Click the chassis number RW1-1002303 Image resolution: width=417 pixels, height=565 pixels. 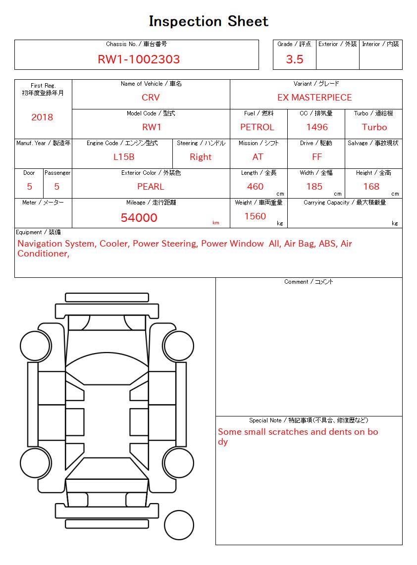point(139,59)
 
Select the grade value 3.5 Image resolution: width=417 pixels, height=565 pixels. point(295,59)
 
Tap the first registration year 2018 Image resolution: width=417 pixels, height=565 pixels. point(42,117)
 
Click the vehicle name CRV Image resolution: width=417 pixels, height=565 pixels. point(151,98)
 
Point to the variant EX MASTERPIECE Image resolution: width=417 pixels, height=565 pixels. point(314,98)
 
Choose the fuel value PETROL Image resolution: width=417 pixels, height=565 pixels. point(257,127)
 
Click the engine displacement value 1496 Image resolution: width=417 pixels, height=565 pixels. point(317,127)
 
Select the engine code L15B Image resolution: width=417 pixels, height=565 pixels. point(124,157)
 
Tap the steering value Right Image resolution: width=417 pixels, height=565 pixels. point(201,157)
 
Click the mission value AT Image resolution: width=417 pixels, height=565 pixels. point(258,157)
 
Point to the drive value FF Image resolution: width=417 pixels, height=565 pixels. point(317,157)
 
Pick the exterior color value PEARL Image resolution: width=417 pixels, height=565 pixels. point(151,187)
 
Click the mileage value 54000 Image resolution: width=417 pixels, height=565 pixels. point(139,218)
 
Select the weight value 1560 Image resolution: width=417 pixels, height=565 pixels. point(255,216)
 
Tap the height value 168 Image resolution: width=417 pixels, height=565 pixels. point(371,187)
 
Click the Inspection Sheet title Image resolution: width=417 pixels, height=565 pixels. point(208,21)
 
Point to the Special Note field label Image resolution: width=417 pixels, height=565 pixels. point(309,420)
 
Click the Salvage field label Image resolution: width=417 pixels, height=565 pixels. point(373,143)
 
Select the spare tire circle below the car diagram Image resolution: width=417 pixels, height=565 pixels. point(179,525)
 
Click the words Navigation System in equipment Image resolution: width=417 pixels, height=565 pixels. point(56,244)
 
